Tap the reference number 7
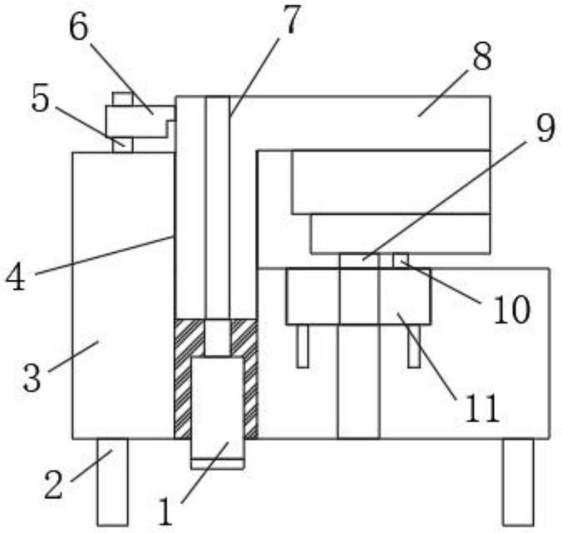tap(289, 22)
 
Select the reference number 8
tap(482, 58)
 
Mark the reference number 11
tap(481, 407)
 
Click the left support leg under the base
tap(112, 482)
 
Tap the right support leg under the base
tap(518, 482)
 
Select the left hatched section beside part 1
tap(183, 379)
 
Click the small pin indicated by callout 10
tap(399, 260)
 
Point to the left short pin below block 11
tap(302, 346)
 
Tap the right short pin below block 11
tap(414, 346)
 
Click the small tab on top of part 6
tap(122, 99)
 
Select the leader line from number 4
tap(105, 255)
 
